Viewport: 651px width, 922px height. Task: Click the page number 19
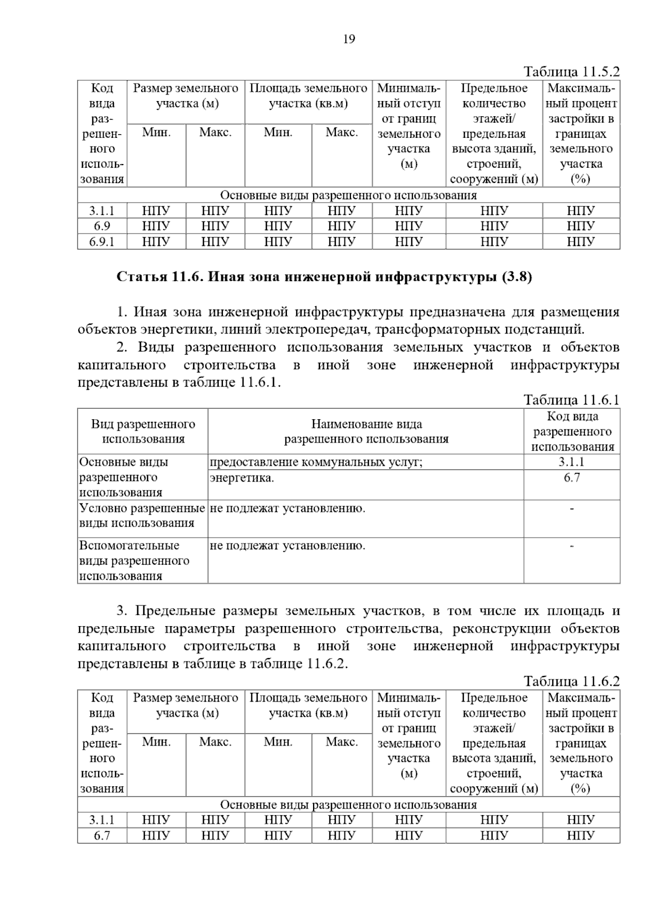tap(349, 39)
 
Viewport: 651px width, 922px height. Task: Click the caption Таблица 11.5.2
tap(571, 72)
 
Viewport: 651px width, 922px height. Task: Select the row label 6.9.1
tap(102, 242)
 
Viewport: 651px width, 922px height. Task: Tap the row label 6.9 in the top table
tap(102, 226)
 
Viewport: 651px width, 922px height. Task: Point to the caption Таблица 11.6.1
tap(571, 400)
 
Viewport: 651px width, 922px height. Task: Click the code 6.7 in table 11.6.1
tap(572, 478)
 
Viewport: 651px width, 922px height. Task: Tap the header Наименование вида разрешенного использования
tap(366, 432)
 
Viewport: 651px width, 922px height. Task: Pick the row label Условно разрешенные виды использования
tap(142, 515)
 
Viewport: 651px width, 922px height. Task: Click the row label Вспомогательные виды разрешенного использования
tap(134, 560)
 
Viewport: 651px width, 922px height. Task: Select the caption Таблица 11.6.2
tap(571, 681)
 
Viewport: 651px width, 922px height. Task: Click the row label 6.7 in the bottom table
tap(102, 835)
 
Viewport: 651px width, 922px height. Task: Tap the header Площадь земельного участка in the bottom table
tap(308, 705)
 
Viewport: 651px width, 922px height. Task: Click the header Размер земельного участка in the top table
tap(186, 96)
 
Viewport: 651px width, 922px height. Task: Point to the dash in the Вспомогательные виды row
tap(572, 546)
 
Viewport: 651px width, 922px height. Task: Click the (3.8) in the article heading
tap(517, 277)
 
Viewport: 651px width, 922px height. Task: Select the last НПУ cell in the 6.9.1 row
tap(580, 242)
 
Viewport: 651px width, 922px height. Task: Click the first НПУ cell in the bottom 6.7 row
tap(156, 835)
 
